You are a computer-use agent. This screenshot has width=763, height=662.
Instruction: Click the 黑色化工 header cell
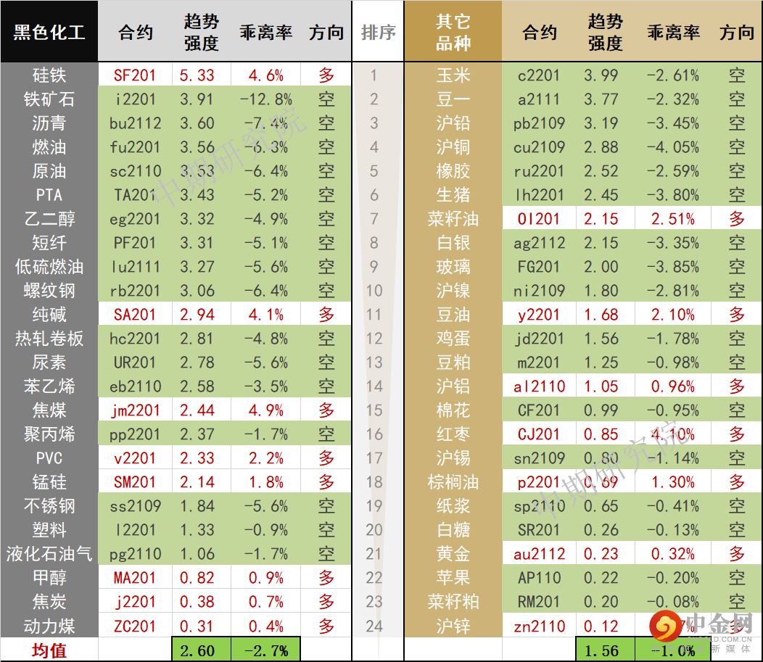(x=49, y=32)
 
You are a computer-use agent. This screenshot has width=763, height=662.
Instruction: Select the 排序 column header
(x=378, y=33)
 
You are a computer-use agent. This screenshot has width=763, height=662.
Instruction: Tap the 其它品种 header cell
(x=453, y=32)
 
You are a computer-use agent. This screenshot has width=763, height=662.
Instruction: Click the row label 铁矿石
(x=49, y=99)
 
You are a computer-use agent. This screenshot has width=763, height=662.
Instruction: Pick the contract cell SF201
(x=135, y=75)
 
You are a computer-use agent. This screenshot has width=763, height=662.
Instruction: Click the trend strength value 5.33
(x=197, y=75)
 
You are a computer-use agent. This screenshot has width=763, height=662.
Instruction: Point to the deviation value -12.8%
(x=265, y=99)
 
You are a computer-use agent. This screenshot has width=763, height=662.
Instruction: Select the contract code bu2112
(x=135, y=123)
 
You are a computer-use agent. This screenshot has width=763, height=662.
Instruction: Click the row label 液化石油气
(x=49, y=554)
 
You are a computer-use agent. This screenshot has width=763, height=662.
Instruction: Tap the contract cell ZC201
(x=135, y=626)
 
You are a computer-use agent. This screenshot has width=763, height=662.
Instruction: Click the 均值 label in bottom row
(x=49, y=650)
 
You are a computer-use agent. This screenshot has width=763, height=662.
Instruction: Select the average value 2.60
(x=197, y=650)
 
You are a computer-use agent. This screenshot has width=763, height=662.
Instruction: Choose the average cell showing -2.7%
(x=265, y=650)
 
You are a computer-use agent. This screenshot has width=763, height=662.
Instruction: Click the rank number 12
(x=374, y=339)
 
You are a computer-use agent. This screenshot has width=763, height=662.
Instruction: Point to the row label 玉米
(x=453, y=75)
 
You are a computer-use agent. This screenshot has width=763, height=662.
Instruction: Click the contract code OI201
(x=539, y=219)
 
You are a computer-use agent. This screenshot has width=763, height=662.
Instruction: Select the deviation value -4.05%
(x=674, y=147)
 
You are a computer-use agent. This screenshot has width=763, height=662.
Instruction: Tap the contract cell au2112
(x=539, y=554)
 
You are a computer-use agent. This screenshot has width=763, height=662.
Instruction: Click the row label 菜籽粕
(x=453, y=602)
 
